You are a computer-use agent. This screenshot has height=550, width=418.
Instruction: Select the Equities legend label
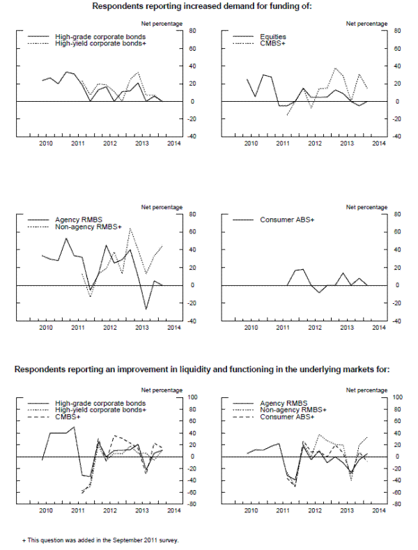(x=272, y=36)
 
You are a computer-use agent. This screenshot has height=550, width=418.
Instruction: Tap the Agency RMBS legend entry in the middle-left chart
(x=73, y=220)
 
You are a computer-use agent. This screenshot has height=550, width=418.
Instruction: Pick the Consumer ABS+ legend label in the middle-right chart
(x=287, y=220)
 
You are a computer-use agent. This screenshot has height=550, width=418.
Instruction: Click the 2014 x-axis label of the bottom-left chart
(x=173, y=511)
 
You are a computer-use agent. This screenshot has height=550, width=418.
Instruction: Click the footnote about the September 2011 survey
(x=101, y=539)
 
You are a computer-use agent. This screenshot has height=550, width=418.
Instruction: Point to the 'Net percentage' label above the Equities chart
(x=366, y=24)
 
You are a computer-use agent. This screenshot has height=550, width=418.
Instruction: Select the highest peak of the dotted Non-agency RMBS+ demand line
(x=130, y=247)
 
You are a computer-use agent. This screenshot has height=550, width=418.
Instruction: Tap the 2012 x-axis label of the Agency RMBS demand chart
(x=110, y=327)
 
